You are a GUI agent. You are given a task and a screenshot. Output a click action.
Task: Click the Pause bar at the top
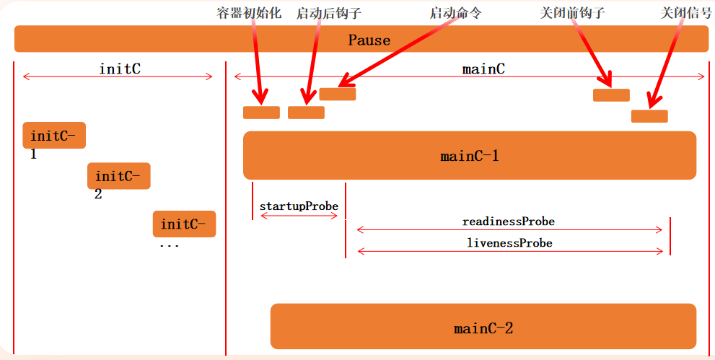coord(361,39)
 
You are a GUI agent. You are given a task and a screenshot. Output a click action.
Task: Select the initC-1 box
coord(54,135)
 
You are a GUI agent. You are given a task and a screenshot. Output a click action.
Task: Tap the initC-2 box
coord(119,175)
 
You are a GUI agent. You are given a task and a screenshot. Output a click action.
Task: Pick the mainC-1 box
coord(469,155)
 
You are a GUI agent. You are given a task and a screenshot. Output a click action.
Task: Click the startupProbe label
coord(299,206)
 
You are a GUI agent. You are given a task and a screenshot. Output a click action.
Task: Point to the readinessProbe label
coord(508,221)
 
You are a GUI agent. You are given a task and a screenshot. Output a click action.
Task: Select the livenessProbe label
coord(509,242)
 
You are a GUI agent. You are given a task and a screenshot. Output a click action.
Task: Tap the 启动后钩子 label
coord(328,13)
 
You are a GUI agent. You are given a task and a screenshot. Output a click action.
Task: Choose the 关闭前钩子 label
coord(572,13)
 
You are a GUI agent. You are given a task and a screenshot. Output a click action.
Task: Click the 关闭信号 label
coord(686,13)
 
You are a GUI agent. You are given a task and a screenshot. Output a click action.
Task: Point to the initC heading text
coord(119,69)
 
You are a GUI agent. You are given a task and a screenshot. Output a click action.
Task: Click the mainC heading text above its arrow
coord(483,69)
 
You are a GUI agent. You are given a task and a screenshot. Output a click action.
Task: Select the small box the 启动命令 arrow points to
coord(337,94)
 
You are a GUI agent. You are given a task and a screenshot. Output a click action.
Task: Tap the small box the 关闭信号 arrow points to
coord(649,116)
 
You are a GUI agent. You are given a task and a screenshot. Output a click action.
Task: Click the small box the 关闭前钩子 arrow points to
coord(611,95)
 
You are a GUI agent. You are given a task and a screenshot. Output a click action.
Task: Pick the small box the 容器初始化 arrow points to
coord(261,113)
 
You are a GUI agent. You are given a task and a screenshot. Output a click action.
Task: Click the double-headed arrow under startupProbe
coord(299,216)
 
